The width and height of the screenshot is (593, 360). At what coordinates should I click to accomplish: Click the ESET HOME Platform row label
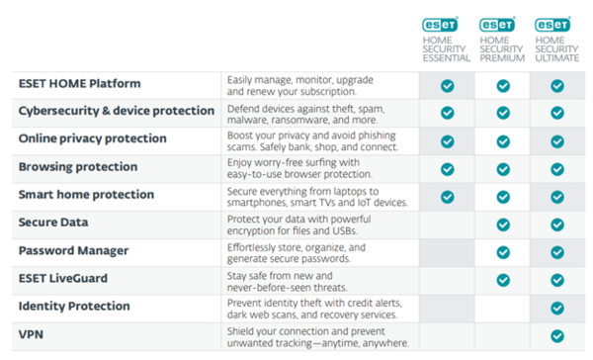[x=79, y=83]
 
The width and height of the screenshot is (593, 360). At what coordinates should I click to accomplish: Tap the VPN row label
[x=32, y=335]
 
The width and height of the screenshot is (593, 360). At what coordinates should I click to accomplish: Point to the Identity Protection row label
[x=76, y=308]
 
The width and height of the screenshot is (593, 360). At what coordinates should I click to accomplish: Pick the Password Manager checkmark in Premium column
[x=503, y=252]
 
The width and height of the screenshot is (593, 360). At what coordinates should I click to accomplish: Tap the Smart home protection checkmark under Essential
[x=448, y=196]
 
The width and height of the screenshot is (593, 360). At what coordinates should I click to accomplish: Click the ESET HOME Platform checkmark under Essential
[x=448, y=85]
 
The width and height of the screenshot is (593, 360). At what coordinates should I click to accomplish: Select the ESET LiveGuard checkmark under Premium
[x=503, y=280]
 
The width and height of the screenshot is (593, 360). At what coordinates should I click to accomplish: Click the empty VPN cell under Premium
[x=503, y=336]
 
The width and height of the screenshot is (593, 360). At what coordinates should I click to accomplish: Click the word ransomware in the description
[x=308, y=119]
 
